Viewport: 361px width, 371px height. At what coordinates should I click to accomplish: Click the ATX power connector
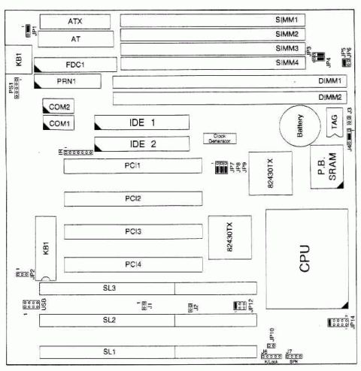[x=75, y=20]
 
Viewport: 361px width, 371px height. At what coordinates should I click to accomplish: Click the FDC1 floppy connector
[x=75, y=65]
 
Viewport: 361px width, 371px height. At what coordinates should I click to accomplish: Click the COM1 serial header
[x=59, y=123]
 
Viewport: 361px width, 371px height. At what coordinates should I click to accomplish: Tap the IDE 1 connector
[x=142, y=122]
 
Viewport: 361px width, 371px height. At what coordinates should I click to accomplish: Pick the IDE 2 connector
[x=142, y=143]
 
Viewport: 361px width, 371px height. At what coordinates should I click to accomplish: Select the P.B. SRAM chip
[x=328, y=173]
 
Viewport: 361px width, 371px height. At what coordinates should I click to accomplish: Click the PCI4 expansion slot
[x=133, y=264]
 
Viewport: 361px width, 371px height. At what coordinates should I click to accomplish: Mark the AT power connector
[x=75, y=38]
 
